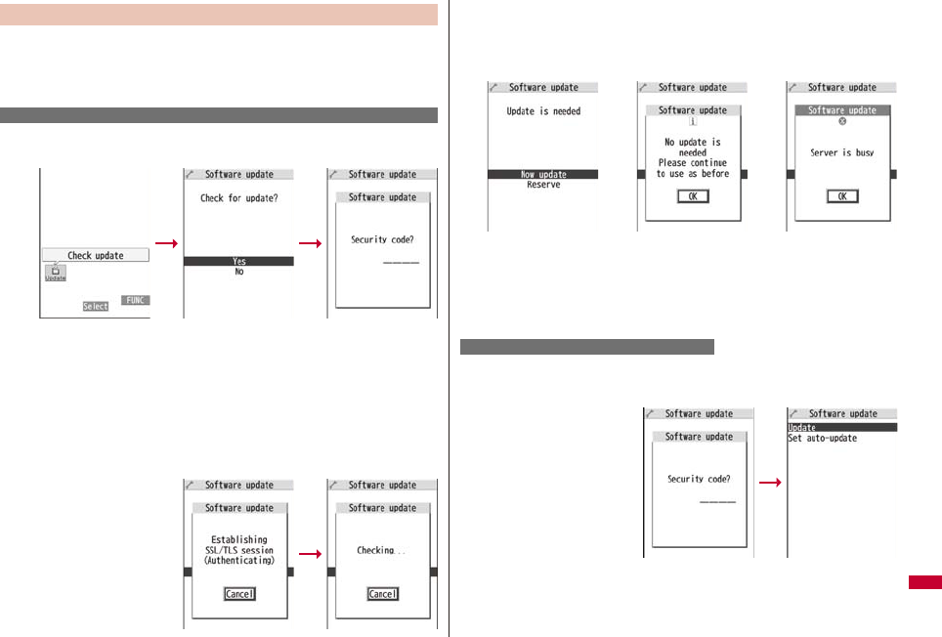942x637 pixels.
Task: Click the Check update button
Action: [95, 255]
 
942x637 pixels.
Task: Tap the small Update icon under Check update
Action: [56, 273]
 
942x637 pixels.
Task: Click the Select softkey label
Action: [95, 306]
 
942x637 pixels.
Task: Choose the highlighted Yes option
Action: [238, 261]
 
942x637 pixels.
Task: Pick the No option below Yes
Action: [238, 272]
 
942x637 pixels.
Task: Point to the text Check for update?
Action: [238, 197]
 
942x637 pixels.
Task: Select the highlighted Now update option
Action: [542, 175]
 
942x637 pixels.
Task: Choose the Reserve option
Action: [542, 185]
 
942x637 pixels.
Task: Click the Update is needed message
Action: [543, 111]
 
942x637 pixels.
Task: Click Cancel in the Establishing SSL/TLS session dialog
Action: [238, 594]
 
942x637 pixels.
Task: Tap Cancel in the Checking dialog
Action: [382, 594]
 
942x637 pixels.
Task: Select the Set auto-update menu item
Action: [822, 439]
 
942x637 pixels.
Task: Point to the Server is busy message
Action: [841, 153]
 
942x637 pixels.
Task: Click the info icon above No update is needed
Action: [693, 122]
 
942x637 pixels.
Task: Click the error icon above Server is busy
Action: [841, 123]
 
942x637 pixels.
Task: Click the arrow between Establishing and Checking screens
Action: [311, 553]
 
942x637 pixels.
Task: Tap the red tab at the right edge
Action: [924, 583]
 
